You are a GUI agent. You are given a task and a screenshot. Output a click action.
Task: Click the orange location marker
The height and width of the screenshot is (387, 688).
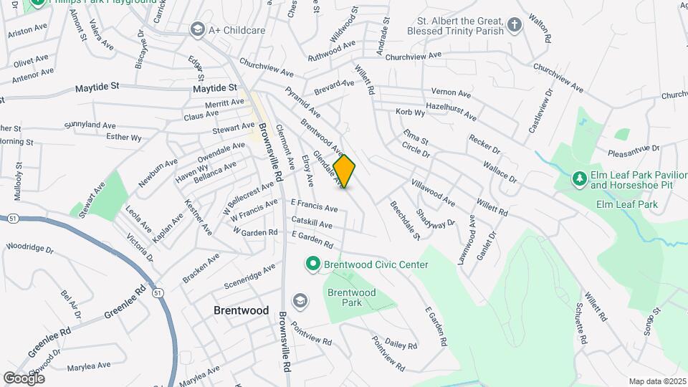tap(345, 171)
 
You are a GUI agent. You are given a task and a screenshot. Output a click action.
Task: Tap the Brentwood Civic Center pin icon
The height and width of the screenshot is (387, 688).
tap(312, 264)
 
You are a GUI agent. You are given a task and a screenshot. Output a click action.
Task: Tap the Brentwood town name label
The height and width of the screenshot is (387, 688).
tap(242, 310)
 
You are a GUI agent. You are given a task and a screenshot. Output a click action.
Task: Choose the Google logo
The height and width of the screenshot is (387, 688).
tap(24, 378)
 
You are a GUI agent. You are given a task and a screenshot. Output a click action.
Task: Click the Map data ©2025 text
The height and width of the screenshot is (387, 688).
tap(656, 381)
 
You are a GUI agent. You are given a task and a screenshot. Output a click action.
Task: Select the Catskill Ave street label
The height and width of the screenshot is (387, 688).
tap(311, 224)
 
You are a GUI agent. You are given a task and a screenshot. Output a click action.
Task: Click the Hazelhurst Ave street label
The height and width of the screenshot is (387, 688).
tap(451, 110)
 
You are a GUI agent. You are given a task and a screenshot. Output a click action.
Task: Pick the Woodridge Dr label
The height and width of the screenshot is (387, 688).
tap(29, 248)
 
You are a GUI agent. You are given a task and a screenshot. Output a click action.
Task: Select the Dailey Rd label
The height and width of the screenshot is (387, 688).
tap(401, 344)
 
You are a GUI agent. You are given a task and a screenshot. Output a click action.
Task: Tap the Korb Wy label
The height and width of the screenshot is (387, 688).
tap(410, 113)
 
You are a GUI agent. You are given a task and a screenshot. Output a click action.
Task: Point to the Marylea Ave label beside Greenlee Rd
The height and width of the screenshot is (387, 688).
tap(88, 365)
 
